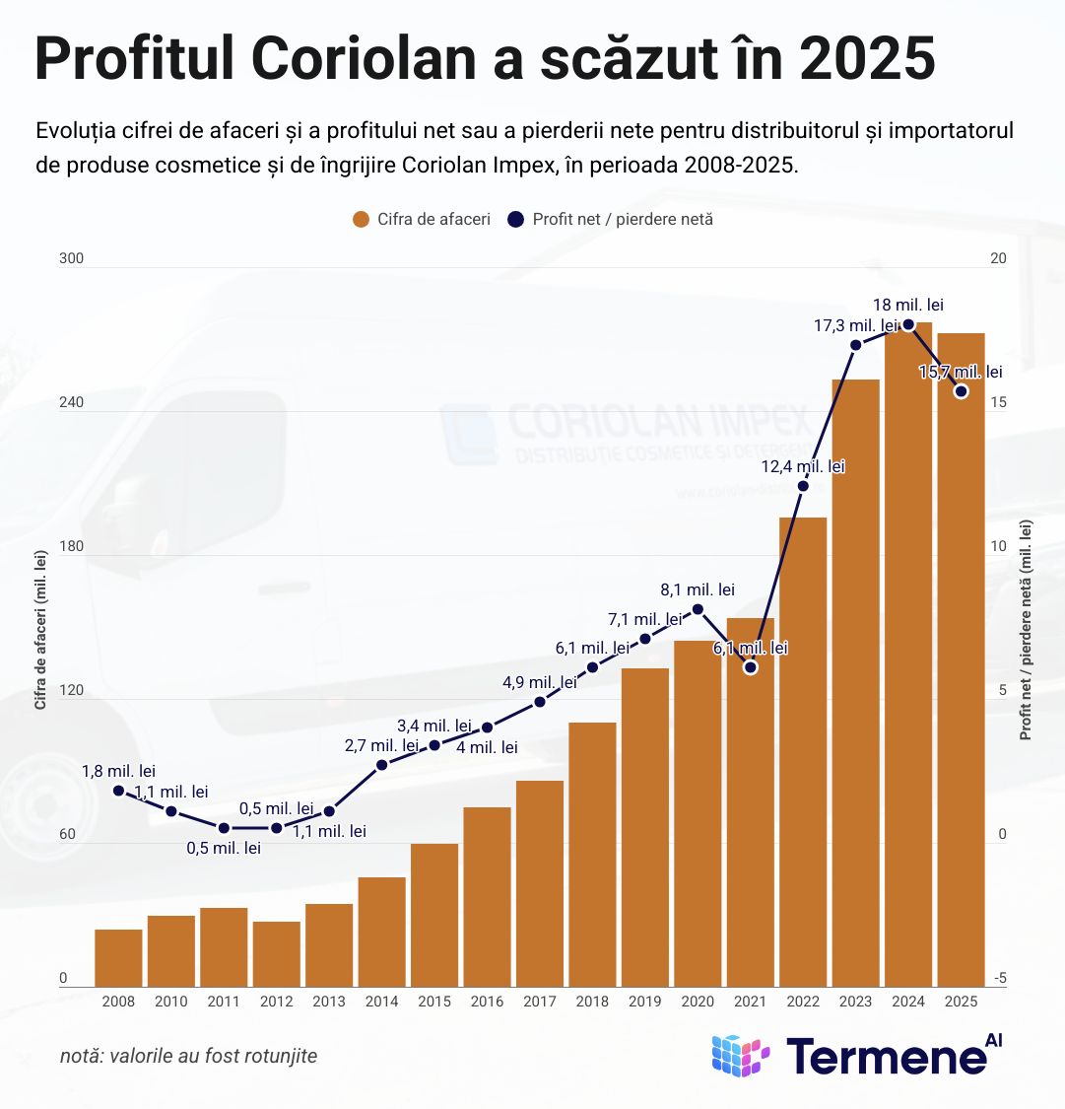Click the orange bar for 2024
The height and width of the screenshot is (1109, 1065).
click(x=908, y=660)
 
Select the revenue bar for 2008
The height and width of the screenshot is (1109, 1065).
click(x=118, y=957)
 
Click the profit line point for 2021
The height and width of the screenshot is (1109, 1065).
click(x=751, y=667)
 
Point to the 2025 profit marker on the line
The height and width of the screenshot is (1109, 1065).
click(x=962, y=391)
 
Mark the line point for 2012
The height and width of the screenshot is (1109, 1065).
click(x=277, y=828)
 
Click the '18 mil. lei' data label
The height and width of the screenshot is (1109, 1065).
click(x=908, y=306)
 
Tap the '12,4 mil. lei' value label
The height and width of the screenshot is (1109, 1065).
click(x=803, y=466)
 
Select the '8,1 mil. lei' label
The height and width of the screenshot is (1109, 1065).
click(x=698, y=589)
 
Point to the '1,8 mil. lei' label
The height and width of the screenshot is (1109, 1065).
click(x=118, y=771)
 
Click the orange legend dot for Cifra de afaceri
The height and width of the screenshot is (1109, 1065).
click(x=361, y=219)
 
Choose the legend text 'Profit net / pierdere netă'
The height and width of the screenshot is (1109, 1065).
click(x=622, y=219)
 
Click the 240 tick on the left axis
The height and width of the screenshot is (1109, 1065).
click(x=71, y=403)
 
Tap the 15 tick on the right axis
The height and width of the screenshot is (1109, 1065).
click(x=998, y=403)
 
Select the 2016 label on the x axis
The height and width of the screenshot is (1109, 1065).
click(x=487, y=1002)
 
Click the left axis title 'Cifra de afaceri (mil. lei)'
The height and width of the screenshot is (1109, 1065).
click(x=40, y=631)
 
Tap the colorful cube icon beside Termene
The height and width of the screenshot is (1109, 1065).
click(x=740, y=1056)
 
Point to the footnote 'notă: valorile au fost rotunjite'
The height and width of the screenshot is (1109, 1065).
click(x=189, y=1056)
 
